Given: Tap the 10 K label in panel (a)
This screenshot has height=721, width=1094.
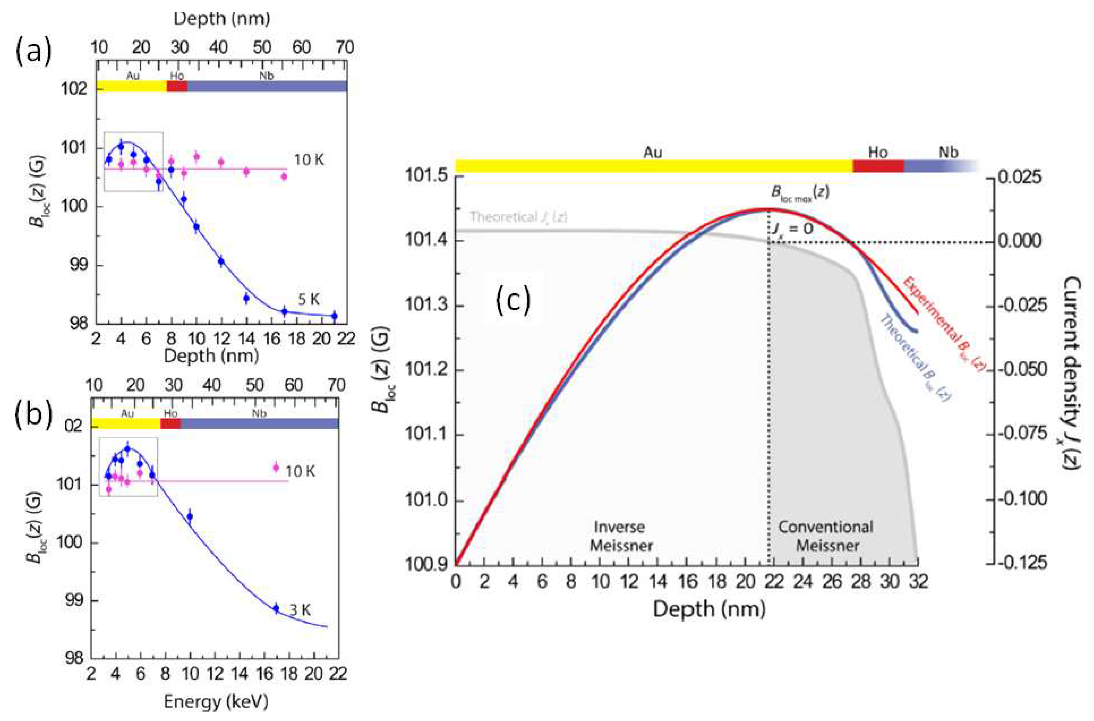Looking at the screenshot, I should point(309,160).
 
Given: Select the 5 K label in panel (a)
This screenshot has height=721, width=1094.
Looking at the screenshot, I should point(309,300).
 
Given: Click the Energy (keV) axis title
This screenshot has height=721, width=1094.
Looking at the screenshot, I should point(216,702).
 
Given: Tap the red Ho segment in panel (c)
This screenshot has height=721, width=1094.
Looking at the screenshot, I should point(878,166).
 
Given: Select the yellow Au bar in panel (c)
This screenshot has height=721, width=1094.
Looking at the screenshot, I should point(653,166).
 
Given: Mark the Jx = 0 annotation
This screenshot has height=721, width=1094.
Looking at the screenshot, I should point(791,228).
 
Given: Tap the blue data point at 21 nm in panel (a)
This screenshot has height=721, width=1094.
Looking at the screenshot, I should point(334,316).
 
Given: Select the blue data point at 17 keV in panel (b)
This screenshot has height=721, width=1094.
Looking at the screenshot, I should point(276,608).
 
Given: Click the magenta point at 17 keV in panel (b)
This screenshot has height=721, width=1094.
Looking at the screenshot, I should point(276,468).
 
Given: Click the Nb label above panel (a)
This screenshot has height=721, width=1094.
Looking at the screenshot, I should point(267,76).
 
